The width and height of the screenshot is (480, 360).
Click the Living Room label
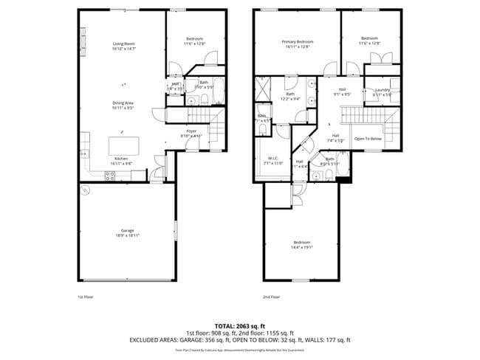[123, 46]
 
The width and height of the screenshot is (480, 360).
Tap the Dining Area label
[122, 105]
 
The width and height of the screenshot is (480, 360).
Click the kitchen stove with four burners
[110, 176]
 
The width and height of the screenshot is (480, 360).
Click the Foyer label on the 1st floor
[191, 134]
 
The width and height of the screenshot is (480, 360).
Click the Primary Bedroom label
[298, 44]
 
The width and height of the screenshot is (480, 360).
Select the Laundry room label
[382, 91]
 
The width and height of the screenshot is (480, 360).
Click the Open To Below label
[368, 139]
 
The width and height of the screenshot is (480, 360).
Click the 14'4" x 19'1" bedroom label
[302, 245]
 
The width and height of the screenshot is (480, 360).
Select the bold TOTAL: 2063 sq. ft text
[240, 325]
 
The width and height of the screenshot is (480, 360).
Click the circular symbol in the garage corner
[86, 190]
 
